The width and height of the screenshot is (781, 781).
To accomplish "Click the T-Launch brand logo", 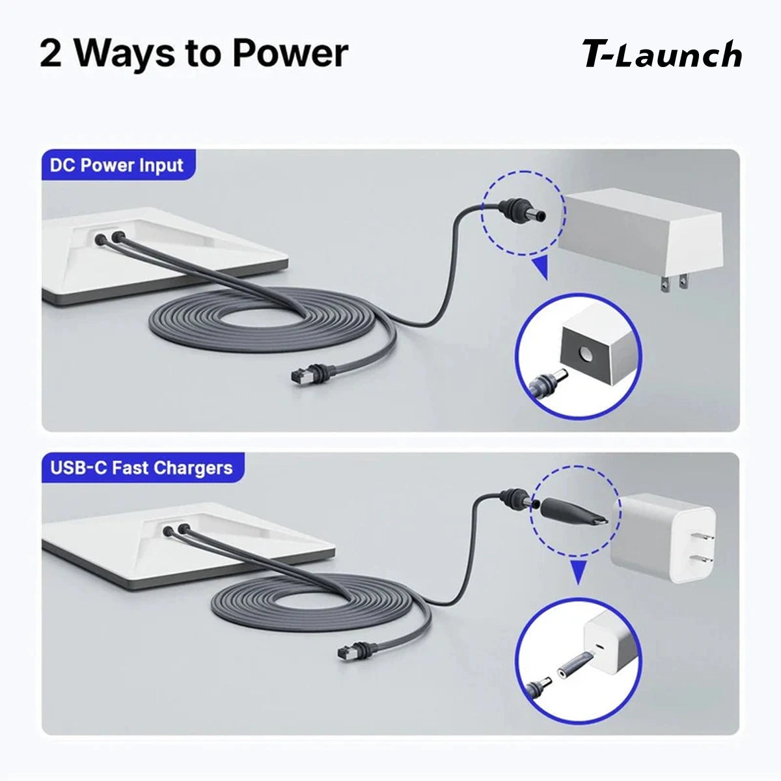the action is (x=662, y=54).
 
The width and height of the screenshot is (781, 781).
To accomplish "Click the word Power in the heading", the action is (x=290, y=54).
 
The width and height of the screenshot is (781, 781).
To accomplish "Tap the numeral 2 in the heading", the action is (x=51, y=54).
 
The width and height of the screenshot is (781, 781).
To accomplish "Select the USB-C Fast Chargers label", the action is (x=141, y=468).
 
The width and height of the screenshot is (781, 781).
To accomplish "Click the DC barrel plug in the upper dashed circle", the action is (x=523, y=209).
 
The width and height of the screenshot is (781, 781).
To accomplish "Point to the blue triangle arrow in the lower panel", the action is (x=579, y=572).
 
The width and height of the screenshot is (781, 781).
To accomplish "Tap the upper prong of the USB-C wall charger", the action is (x=703, y=536).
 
